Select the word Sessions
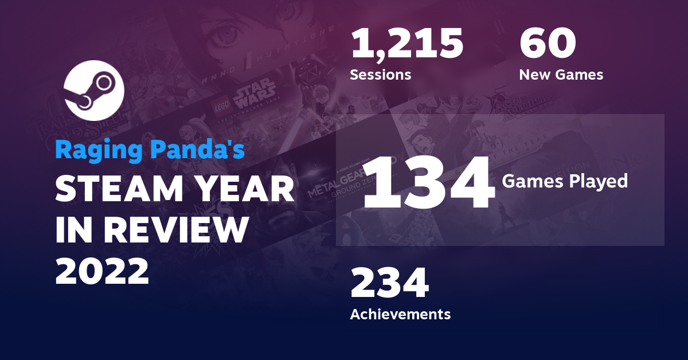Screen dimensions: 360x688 [380, 75]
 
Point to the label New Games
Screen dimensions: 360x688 [561, 75]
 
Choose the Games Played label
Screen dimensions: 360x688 [565, 182]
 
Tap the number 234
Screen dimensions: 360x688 [389, 284]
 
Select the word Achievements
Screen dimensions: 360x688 [400, 314]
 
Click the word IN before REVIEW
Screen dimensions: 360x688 [74, 230]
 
